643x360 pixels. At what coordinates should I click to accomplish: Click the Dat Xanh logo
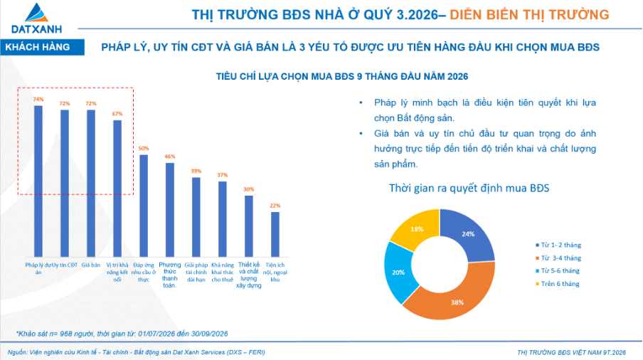click(x=36, y=18)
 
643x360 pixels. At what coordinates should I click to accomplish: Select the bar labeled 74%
click(x=38, y=181)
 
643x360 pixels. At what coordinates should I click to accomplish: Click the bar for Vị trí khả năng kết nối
click(x=117, y=189)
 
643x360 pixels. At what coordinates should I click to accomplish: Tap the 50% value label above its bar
click(x=144, y=149)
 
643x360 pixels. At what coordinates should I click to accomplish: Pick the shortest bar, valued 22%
click(x=275, y=235)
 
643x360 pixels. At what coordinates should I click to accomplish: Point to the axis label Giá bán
click(x=90, y=265)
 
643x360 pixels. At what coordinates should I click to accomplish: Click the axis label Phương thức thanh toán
click(x=170, y=275)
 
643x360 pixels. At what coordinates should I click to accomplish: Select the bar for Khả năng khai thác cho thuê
click(x=223, y=219)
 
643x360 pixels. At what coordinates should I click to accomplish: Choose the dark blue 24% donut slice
click(x=468, y=234)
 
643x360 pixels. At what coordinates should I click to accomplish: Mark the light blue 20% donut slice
click(x=398, y=272)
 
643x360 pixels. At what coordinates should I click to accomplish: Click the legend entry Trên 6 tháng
click(x=558, y=284)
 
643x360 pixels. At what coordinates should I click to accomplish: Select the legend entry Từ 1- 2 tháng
click(x=558, y=245)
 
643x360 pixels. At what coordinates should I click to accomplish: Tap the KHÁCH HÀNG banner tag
click(x=42, y=47)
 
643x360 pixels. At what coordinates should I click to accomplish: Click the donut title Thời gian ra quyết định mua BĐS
click(x=469, y=189)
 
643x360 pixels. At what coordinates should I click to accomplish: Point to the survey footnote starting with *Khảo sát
click(x=122, y=334)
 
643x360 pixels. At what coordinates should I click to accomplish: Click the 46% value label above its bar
click(x=170, y=157)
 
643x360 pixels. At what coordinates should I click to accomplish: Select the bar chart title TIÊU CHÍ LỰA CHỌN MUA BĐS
click(x=342, y=77)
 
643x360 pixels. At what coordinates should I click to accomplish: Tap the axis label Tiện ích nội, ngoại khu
click(x=275, y=272)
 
